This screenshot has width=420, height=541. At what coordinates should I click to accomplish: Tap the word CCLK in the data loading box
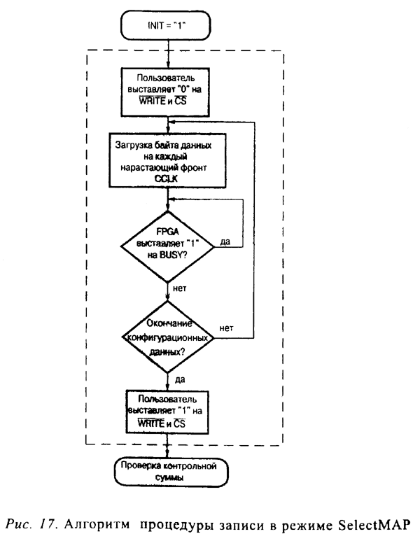point(168,178)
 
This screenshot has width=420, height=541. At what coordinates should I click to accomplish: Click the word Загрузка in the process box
point(133,146)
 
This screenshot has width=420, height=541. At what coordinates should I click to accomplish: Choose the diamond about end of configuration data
point(169,337)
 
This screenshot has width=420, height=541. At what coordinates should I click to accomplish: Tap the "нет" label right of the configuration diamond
point(225,328)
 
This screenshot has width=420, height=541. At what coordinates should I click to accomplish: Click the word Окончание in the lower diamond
point(169,323)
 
